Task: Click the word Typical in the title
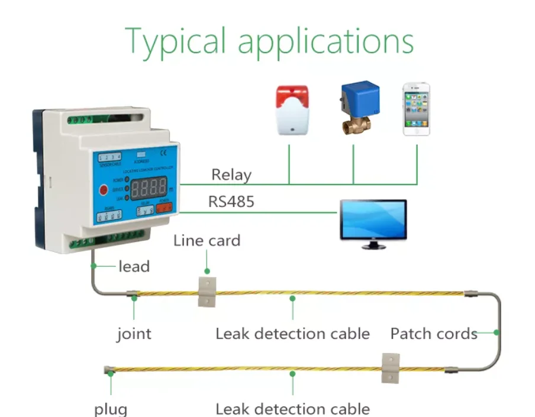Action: [175, 41]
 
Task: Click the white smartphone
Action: [417, 109]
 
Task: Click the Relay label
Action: [231, 175]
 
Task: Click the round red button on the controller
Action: [102, 190]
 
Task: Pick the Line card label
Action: [207, 241]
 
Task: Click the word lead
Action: [134, 267]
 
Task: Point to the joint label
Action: [134, 334]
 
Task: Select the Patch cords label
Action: [434, 334]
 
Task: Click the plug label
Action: [111, 409]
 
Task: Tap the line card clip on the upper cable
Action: [207, 291]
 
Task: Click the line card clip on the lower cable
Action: [391, 367]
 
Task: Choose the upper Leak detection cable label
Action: [292, 334]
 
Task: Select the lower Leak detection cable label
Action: [292, 409]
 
